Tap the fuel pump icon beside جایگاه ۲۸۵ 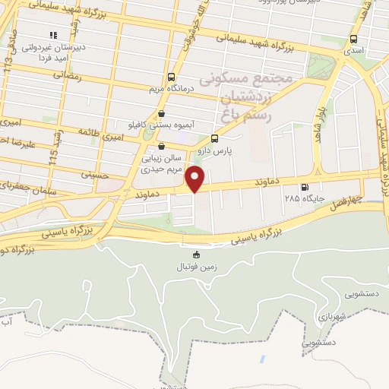305,188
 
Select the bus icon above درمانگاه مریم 170,77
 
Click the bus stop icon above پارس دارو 214,138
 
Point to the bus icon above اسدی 353,40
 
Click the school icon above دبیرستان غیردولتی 53,35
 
